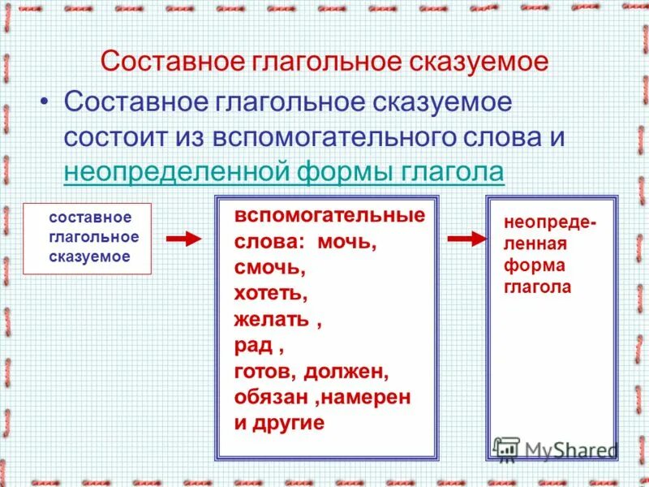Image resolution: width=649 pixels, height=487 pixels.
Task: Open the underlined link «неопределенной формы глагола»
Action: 283,172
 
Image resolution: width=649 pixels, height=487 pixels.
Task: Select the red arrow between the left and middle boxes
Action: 183,239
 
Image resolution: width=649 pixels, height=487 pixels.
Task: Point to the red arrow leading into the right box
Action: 466,239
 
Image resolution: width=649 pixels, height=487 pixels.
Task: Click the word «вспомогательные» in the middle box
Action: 329,217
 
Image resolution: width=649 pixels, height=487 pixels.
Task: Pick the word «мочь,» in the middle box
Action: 347,243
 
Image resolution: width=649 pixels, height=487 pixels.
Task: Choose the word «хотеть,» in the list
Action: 271,293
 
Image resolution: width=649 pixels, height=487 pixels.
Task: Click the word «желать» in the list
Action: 271,319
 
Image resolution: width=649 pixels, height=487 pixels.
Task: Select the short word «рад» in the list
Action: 253,345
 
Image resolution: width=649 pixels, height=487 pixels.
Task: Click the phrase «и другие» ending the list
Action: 279,422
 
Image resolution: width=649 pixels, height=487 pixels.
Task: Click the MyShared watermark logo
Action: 556,449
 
